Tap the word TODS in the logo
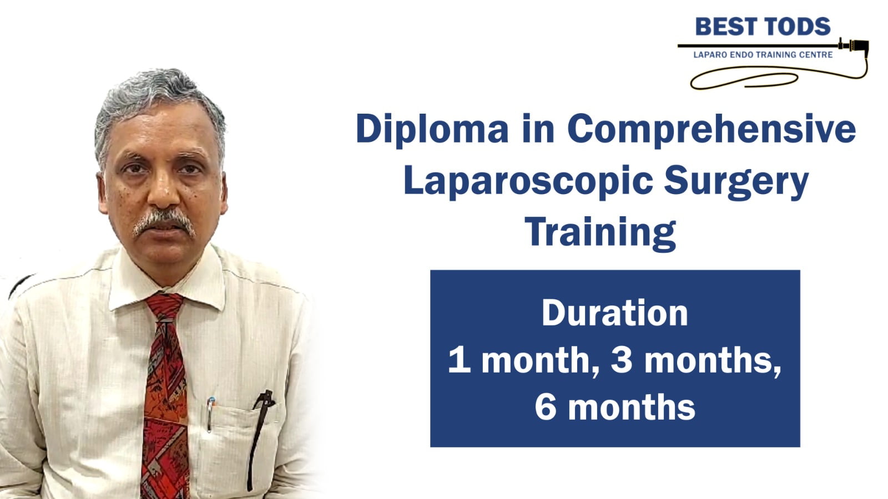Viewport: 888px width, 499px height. coord(797,27)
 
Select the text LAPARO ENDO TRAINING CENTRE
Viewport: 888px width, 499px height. coord(763,55)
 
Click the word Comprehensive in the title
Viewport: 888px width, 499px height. coord(712,129)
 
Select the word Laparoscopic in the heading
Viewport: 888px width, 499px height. coord(528,181)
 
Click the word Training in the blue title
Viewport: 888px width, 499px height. coord(600,233)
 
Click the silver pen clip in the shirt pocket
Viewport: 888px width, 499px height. coord(210,414)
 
